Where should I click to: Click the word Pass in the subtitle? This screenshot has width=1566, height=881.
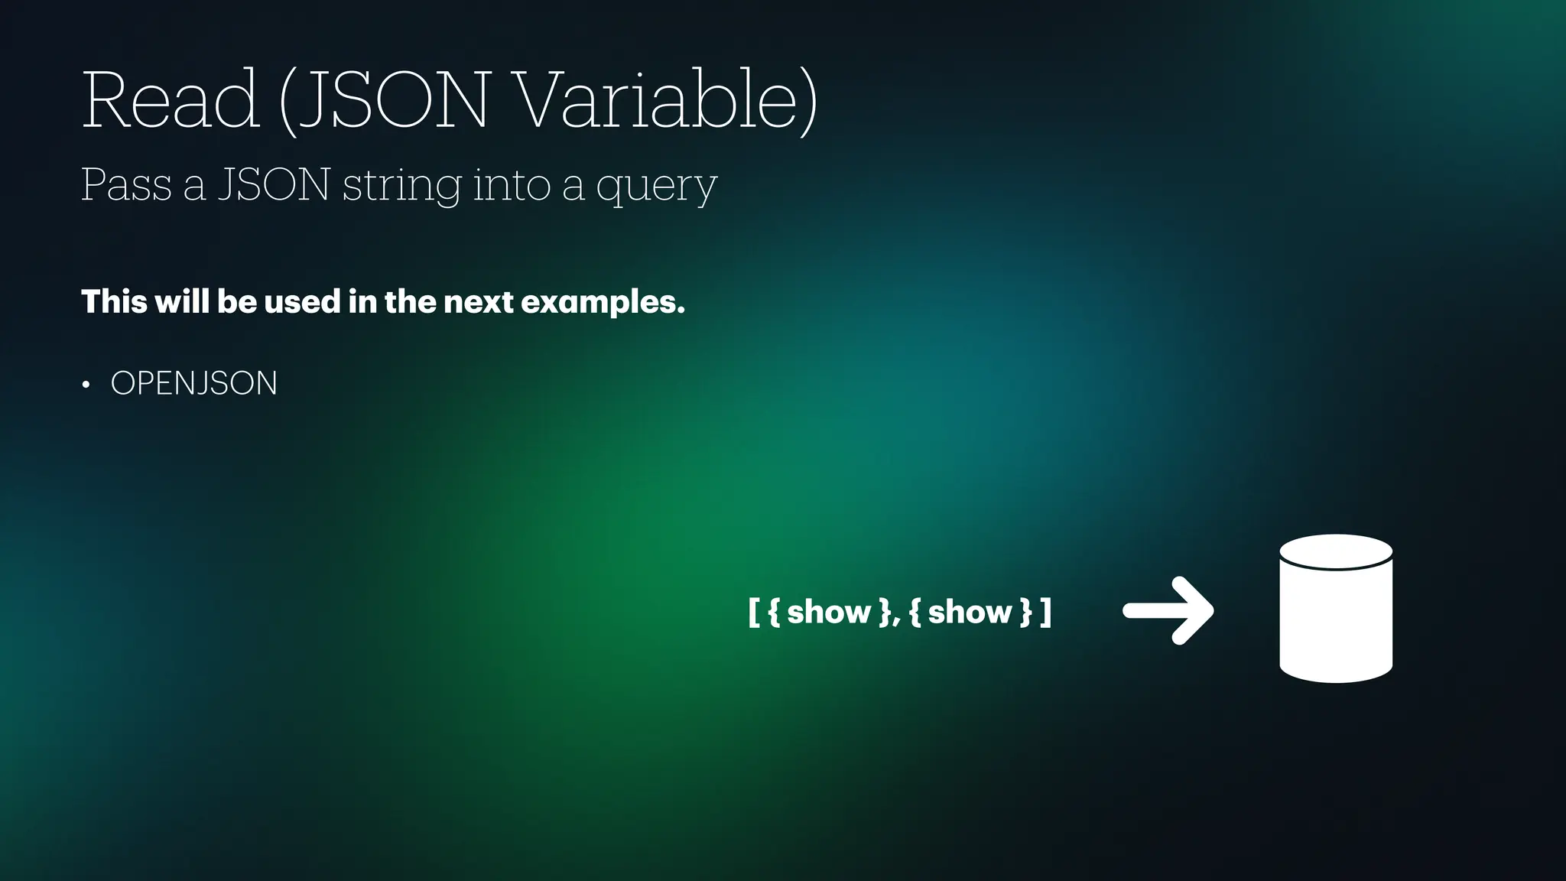tap(126, 185)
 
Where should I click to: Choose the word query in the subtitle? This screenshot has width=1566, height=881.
tap(656, 188)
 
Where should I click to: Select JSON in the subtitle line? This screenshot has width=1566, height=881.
tap(274, 185)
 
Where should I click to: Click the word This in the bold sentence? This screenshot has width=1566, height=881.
tap(114, 301)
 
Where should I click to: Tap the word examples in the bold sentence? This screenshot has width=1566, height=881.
tap(603, 303)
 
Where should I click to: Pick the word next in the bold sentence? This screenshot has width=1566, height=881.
tap(478, 302)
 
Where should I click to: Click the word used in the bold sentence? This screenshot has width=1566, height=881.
tap(302, 301)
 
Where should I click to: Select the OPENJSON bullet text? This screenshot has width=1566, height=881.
tap(194, 383)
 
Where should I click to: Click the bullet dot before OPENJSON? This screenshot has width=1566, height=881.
tap(86, 384)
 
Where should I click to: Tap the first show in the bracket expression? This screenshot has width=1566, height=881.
tap(829, 612)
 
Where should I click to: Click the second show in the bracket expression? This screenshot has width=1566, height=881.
tap(970, 612)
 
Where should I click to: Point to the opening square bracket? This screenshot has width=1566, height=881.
tap(753, 612)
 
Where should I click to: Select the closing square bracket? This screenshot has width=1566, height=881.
tap(1046, 612)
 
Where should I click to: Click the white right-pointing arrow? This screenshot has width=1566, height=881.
tap(1168, 610)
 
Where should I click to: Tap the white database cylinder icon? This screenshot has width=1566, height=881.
tap(1336, 619)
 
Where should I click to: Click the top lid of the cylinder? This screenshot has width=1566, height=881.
tap(1336, 551)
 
